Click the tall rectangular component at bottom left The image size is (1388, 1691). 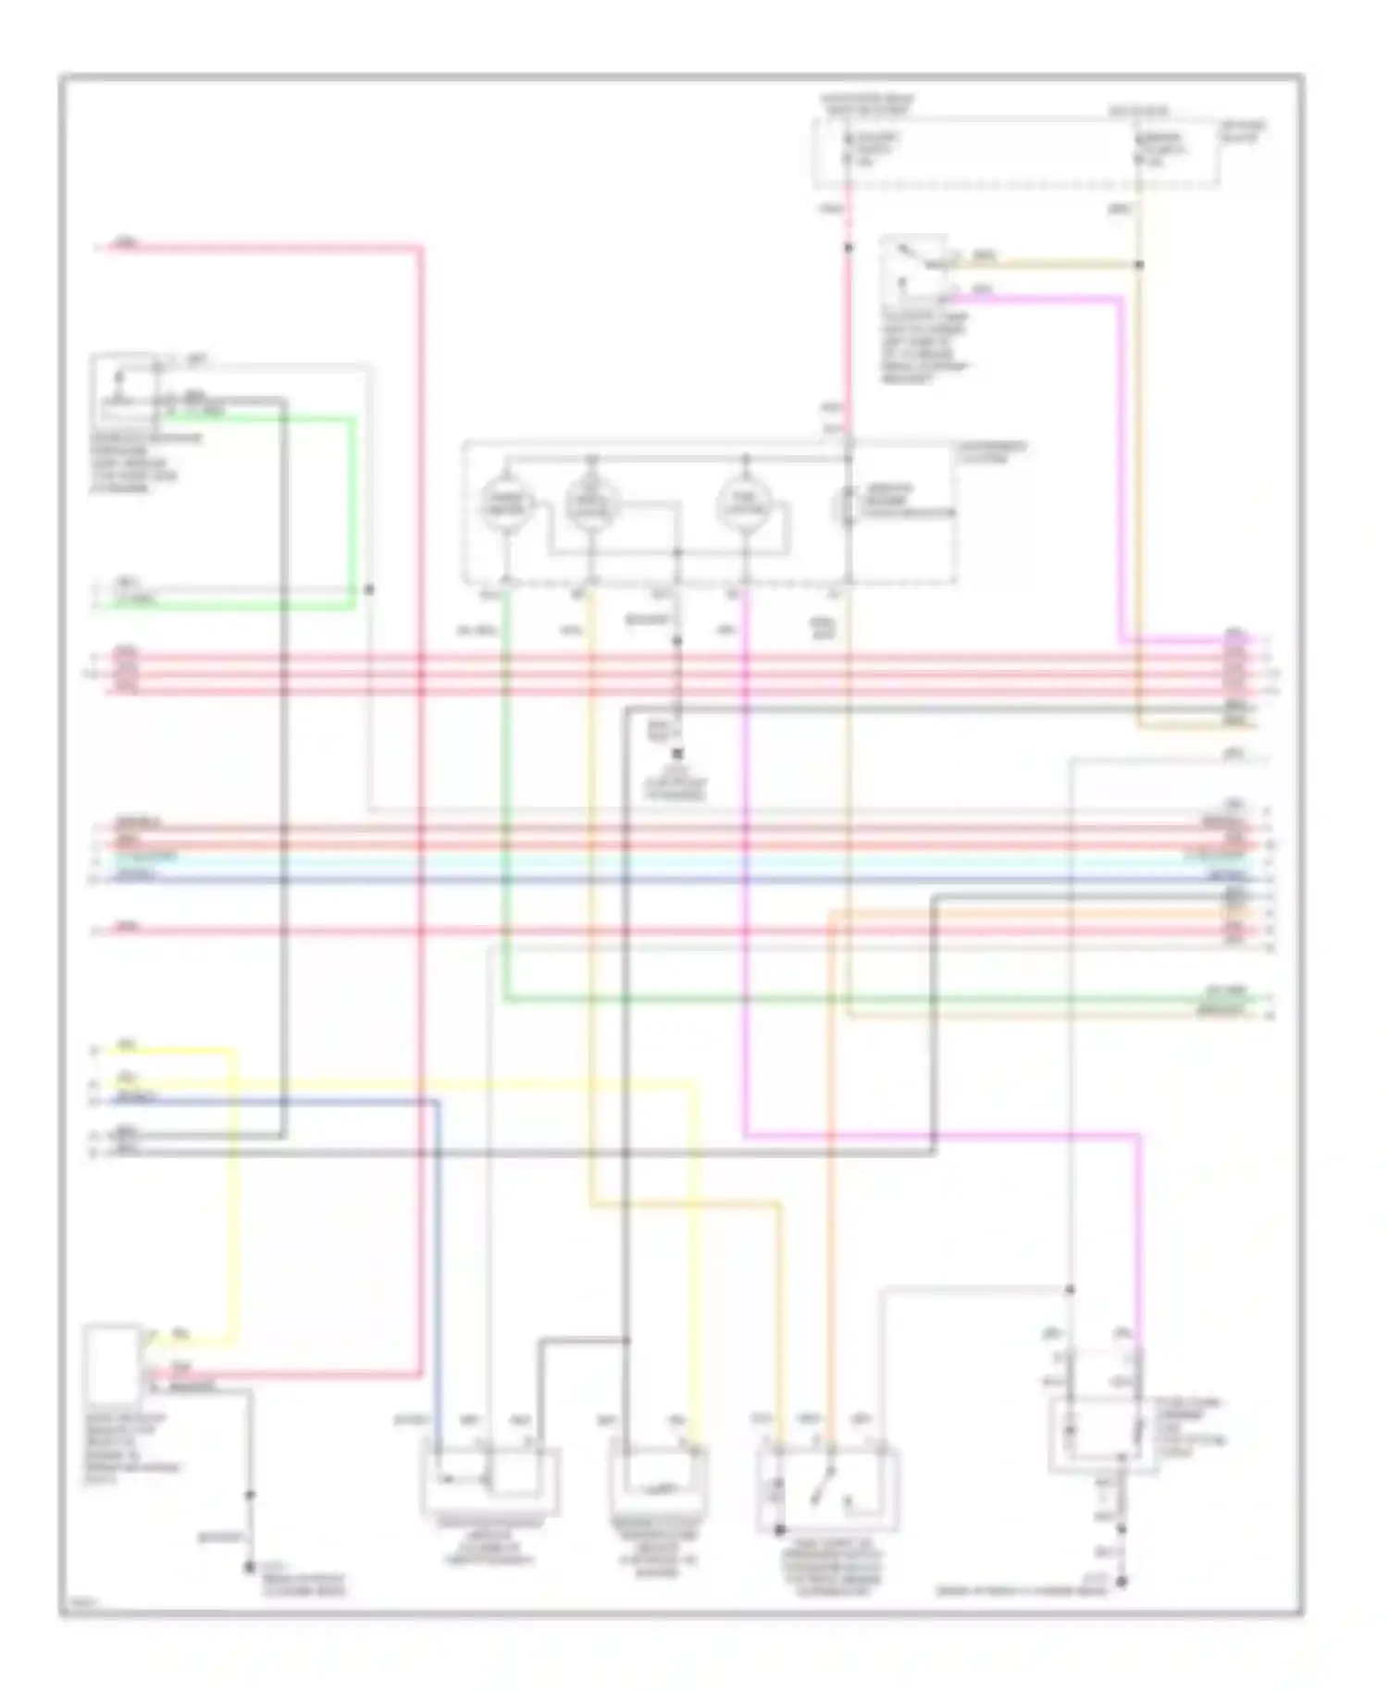[111, 1365]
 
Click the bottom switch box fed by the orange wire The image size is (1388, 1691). [826, 1487]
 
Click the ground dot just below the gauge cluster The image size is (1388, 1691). [677, 754]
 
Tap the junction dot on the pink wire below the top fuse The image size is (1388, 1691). [847, 248]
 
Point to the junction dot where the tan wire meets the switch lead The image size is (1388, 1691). [1140, 265]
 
